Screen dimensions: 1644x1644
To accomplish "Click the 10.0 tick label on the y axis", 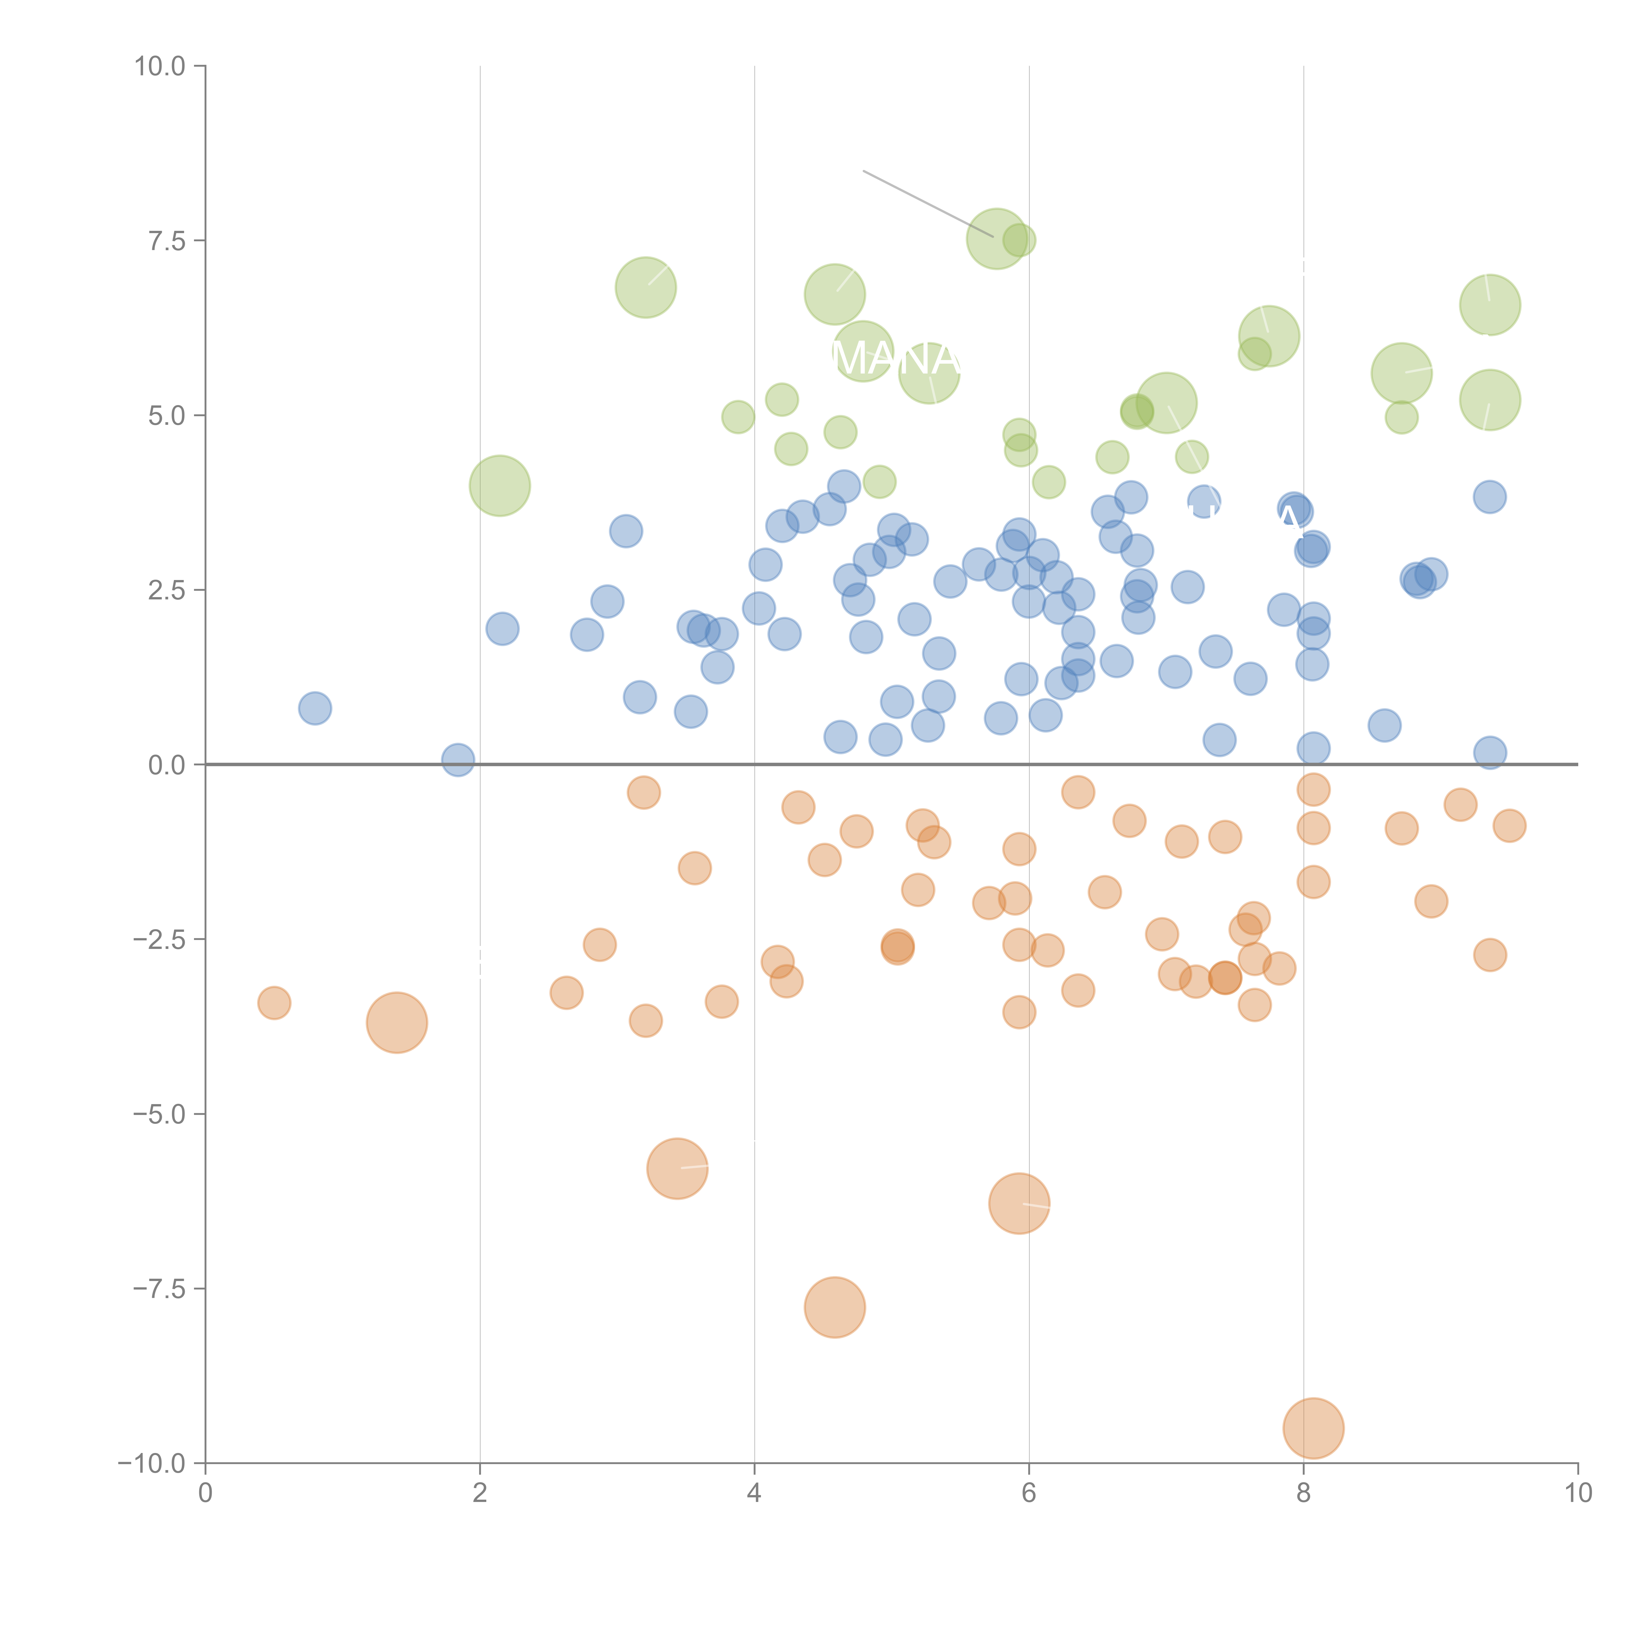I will click(x=159, y=66).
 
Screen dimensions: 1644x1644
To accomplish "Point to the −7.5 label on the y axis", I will click(x=159, y=1288).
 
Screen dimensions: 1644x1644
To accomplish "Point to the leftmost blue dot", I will click(x=315, y=708).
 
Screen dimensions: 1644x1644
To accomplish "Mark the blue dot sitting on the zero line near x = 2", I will click(x=458, y=759).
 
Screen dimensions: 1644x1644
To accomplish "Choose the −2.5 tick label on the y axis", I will click(x=159, y=939).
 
